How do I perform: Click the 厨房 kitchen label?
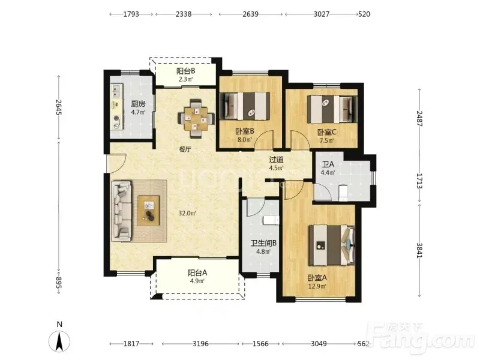139,104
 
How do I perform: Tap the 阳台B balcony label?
186,71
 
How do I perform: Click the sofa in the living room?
122,211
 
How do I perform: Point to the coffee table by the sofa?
148,211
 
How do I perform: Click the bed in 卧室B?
245,106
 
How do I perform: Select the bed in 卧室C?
332,109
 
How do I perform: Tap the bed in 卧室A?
332,245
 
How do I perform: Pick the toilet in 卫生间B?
271,220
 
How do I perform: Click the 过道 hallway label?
276,160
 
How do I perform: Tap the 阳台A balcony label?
197,272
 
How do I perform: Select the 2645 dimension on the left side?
59,107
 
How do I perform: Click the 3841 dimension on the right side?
419,250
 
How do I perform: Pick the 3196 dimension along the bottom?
200,344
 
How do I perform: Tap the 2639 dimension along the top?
250,14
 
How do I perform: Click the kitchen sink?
116,89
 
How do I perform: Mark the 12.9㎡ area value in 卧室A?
317,287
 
